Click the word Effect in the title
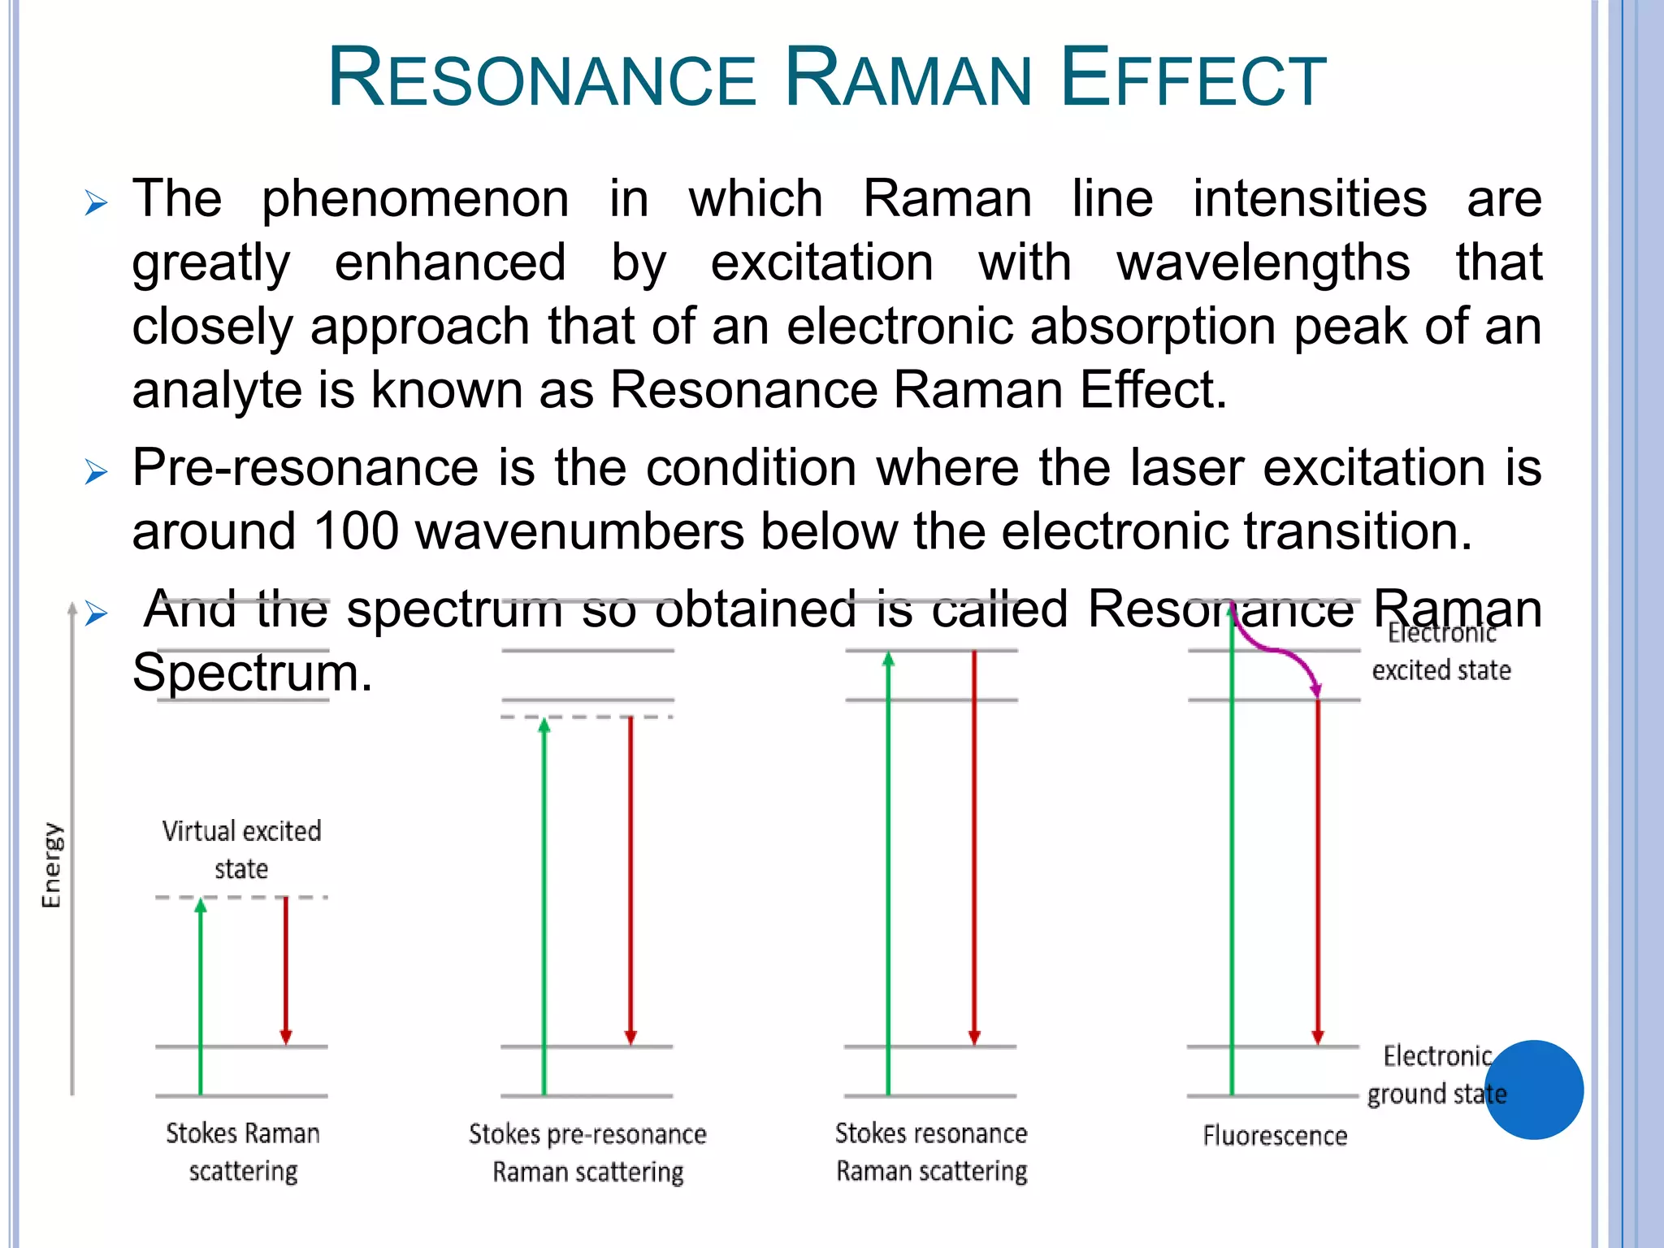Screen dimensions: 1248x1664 tap(1194, 79)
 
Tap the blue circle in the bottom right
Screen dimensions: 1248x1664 tap(1534, 1090)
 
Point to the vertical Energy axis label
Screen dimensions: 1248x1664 tap(52, 864)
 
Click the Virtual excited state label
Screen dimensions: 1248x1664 tap(241, 850)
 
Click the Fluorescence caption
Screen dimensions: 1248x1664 tap(1275, 1135)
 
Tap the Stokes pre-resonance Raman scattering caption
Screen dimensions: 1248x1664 tap(587, 1152)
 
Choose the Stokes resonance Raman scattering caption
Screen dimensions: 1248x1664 tap(931, 1151)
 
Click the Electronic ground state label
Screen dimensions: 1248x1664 tap(1436, 1075)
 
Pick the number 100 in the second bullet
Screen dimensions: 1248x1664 tap(356, 532)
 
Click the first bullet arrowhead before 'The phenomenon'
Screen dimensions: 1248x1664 tap(96, 202)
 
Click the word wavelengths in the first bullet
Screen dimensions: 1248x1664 tap(1263, 262)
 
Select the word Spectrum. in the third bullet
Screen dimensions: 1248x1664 tap(252, 673)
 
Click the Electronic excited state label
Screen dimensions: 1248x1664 tap(1441, 652)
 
